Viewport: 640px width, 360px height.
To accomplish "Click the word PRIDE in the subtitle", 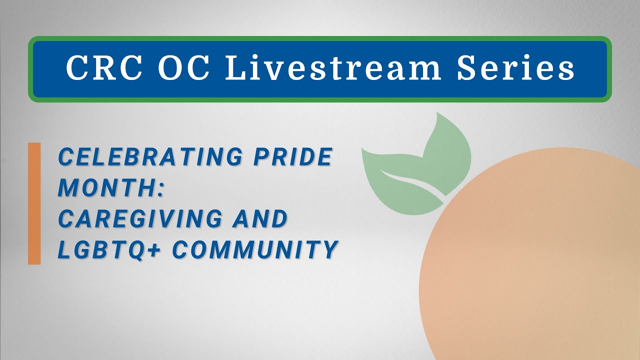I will click(292, 157).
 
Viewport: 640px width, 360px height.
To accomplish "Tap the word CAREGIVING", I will click(140, 219).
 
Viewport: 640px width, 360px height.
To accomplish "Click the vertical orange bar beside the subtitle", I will click(34, 203).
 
